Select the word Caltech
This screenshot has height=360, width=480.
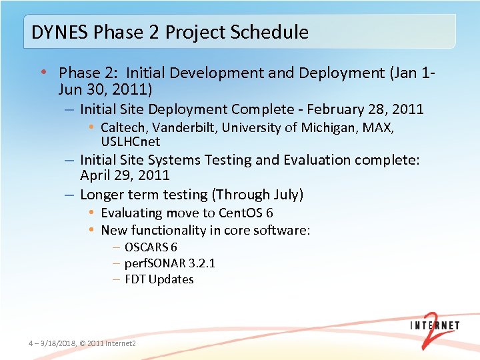click(x=125, y=127)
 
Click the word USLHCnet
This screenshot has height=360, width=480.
click(x=131, y=141)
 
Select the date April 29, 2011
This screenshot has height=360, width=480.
click(x=125, y=176)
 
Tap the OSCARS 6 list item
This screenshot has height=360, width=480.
click(x=151, y=247)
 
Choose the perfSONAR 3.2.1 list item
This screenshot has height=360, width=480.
click(x=169, y=263)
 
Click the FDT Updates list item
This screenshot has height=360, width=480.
click(x=159, y=279)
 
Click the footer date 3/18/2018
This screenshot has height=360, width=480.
click(x=57, y=343)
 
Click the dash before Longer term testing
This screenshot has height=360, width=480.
click(x=69, y=195)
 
